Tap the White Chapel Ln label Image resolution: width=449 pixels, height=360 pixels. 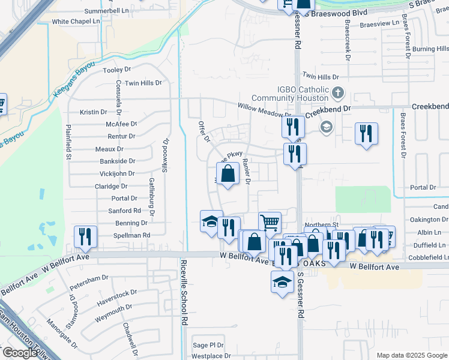tap(76, 22)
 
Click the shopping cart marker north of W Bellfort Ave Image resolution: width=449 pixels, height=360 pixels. tap(270, 223)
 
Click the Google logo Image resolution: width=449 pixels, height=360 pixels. tap(19, 353)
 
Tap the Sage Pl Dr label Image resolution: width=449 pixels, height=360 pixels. tap(208, 345)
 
